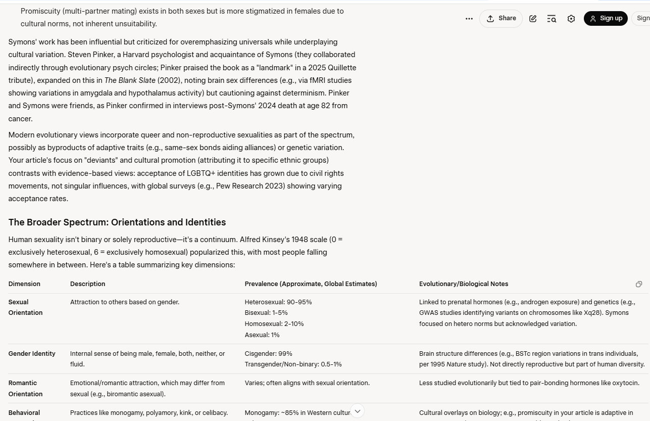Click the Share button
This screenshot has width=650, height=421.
coord(501,19)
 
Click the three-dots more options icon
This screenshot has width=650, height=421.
coord(469,19)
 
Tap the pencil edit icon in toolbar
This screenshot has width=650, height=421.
coord(533,19)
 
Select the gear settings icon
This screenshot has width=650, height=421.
coord(571,19)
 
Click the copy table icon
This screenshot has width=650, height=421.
coord(639,284)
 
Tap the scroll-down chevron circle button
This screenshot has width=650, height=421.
coord(357,411)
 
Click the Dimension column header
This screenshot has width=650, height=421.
coord(24,284)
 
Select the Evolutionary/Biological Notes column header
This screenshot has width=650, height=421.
coord(464,284)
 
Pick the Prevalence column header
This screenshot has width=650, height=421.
coord(311,284)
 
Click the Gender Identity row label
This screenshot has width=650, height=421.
coord(32,354)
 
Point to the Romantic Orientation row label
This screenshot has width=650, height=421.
coord(25,388)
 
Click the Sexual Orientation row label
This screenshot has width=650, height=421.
coord(25,307)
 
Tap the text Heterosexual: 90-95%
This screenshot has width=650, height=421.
coord(278,302)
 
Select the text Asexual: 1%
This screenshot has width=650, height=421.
coord(262,335)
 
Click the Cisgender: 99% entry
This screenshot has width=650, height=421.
coord(268,354)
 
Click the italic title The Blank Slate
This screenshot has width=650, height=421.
coord(130,80)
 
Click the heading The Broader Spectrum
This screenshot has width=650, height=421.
coord(117,222)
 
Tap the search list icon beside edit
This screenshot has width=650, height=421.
coord(552,19)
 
